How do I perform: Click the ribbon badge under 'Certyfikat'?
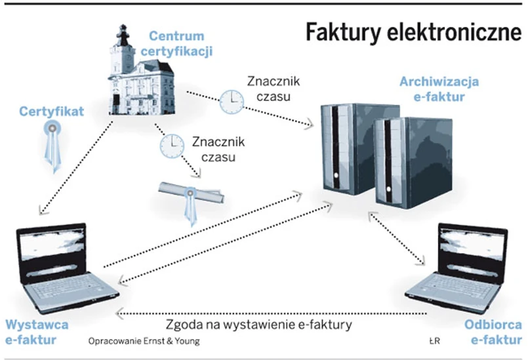coord(51,147)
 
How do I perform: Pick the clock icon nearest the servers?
coord(231,101)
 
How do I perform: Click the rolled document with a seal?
coord(191,195)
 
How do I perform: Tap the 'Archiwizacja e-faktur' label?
coord(439,89)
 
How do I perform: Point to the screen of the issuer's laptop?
coord(52,246)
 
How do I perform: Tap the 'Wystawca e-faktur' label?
coord(37,331)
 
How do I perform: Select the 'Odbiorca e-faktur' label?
coord(493,331)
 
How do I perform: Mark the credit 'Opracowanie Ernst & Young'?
coord(144,341)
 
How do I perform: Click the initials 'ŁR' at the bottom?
coord(434,341)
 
